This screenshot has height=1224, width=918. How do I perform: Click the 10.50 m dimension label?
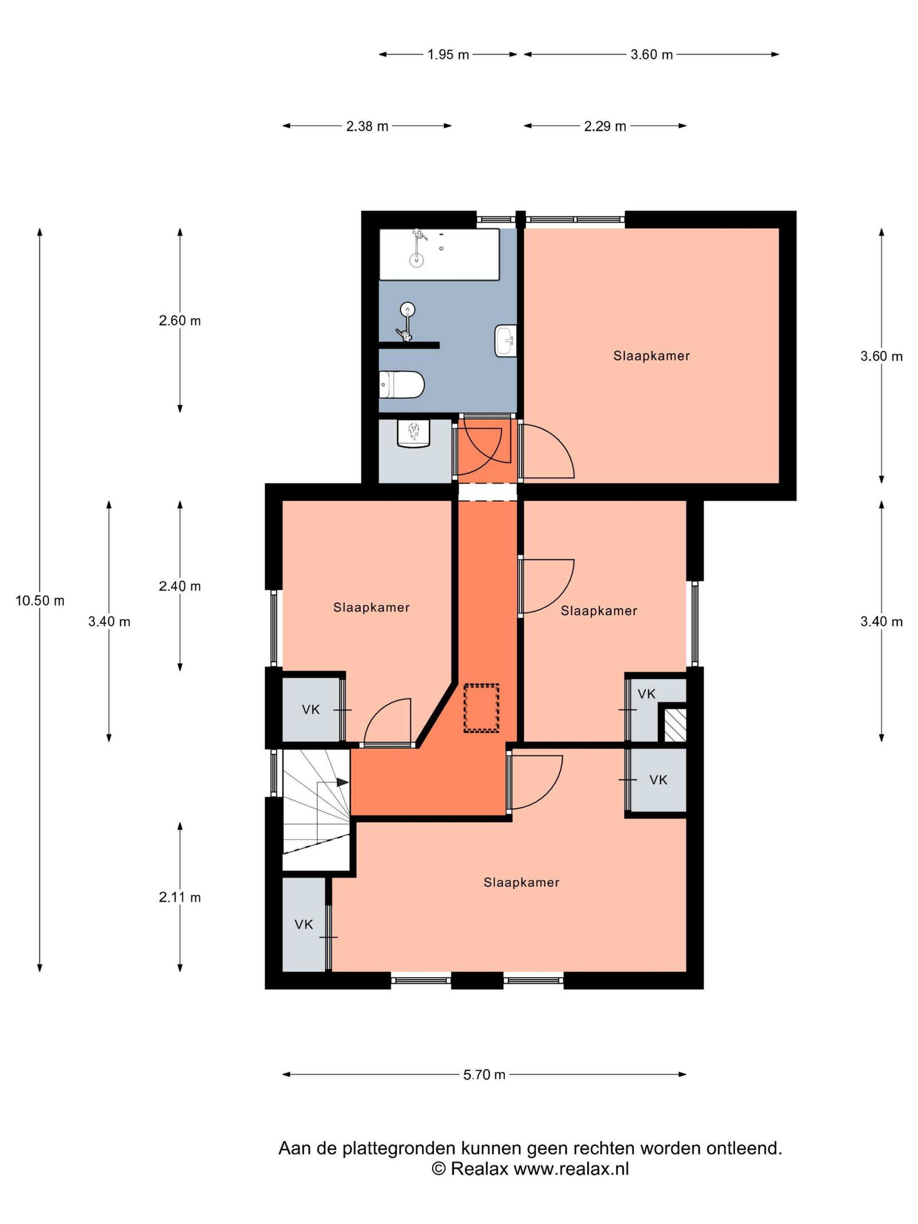pyautogui.click(x=40, y=601)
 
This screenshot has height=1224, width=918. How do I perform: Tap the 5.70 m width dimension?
pyautogui.click(x=484, y=1074)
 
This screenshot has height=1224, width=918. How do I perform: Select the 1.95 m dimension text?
pyautogui.click(x=448, y=54)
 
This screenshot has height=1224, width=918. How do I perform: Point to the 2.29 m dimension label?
pyautogui.click(x=605, y=126)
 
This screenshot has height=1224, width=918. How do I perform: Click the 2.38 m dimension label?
pyautogui.click(x=367, y=126)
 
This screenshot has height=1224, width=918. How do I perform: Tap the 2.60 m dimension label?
pyautogui.click(x=180, y=320)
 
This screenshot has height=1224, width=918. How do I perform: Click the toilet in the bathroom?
pyautogui.click(x=402, y=385)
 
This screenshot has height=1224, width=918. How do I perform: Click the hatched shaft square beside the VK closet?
pyautogui.click(x=675, y=725)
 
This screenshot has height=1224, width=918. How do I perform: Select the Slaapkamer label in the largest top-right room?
pyautogui.click(x=651, y=356)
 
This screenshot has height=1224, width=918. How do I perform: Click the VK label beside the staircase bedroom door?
pyautogui.click(x=311, y=709)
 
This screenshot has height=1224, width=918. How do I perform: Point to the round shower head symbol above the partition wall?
pyautogui.click(x=408, y=309)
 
